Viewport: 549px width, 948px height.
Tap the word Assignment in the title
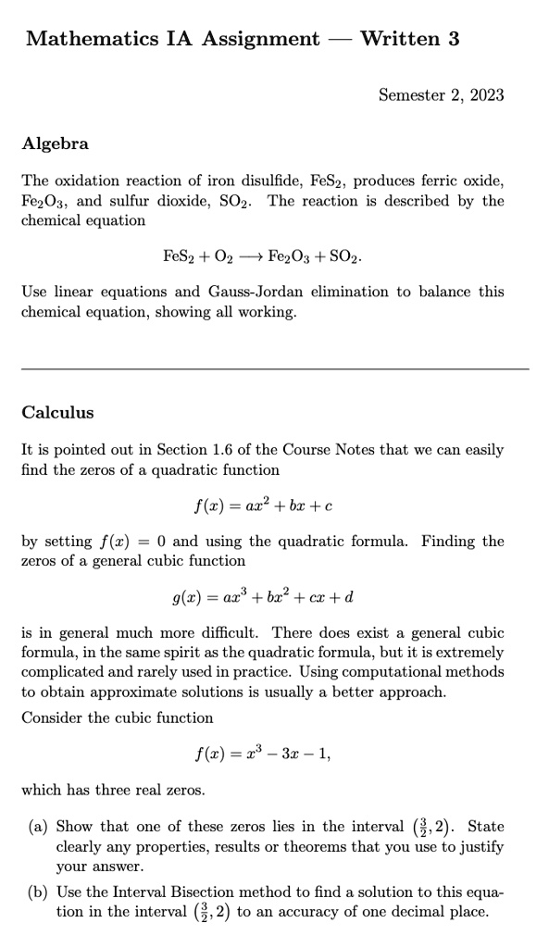tap(262, 39)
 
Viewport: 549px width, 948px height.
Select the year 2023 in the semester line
tap(485, 94)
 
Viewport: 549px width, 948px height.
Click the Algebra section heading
tap(56, 143)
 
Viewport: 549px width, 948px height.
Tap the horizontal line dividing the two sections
tap(274, 369)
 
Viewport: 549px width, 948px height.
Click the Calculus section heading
tap(57, 412)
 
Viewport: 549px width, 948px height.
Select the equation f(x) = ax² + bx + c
tap(263, 505)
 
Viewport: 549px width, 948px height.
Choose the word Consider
tap(54, 717)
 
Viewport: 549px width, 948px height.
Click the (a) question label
tap(42, 827)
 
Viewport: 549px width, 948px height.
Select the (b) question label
tap(42, 892)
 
